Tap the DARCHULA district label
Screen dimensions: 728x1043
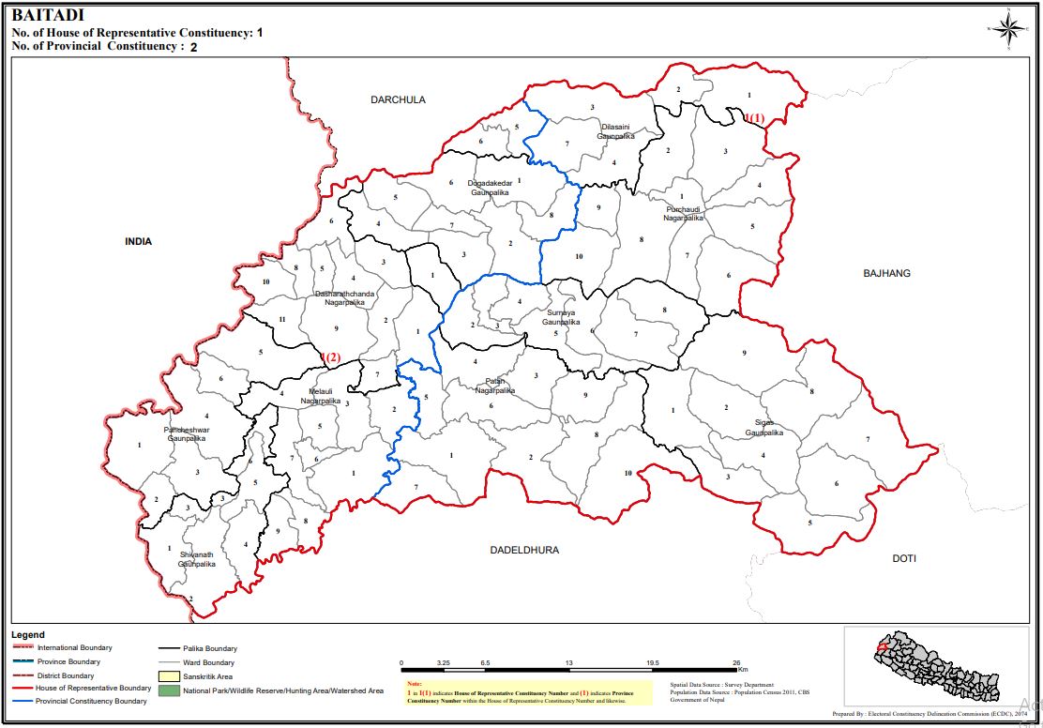398,99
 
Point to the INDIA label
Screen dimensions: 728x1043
138,241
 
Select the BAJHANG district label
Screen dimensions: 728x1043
886,273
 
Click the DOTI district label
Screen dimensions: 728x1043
903,558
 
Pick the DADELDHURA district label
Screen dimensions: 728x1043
524,550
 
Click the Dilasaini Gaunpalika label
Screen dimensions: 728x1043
616,131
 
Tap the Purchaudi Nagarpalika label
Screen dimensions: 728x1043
684,213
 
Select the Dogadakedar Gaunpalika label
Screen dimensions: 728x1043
490,188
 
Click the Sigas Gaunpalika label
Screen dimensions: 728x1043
763,428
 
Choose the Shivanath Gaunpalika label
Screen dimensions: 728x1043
197,560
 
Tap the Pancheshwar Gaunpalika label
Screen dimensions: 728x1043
188,433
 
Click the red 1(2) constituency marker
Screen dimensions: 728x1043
329,356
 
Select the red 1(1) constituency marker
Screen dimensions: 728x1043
755,118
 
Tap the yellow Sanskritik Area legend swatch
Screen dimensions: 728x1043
168,675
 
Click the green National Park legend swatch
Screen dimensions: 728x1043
168,690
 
